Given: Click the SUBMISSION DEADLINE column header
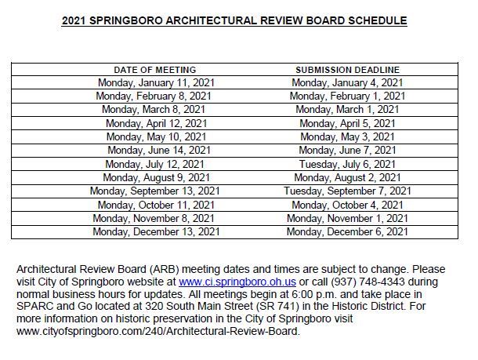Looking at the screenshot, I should click(346, 70).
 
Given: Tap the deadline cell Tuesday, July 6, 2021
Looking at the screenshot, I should click(347, 164).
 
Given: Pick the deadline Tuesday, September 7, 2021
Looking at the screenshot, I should click(347, 191).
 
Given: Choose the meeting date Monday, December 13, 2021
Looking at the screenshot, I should click(155, 231).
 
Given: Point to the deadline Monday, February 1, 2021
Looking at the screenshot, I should click(347, 96).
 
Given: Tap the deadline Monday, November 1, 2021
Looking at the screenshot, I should click(347, 218).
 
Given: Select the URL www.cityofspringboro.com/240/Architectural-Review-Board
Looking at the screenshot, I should click(158, 331).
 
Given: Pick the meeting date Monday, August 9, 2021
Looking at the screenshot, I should click(156, 177).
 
